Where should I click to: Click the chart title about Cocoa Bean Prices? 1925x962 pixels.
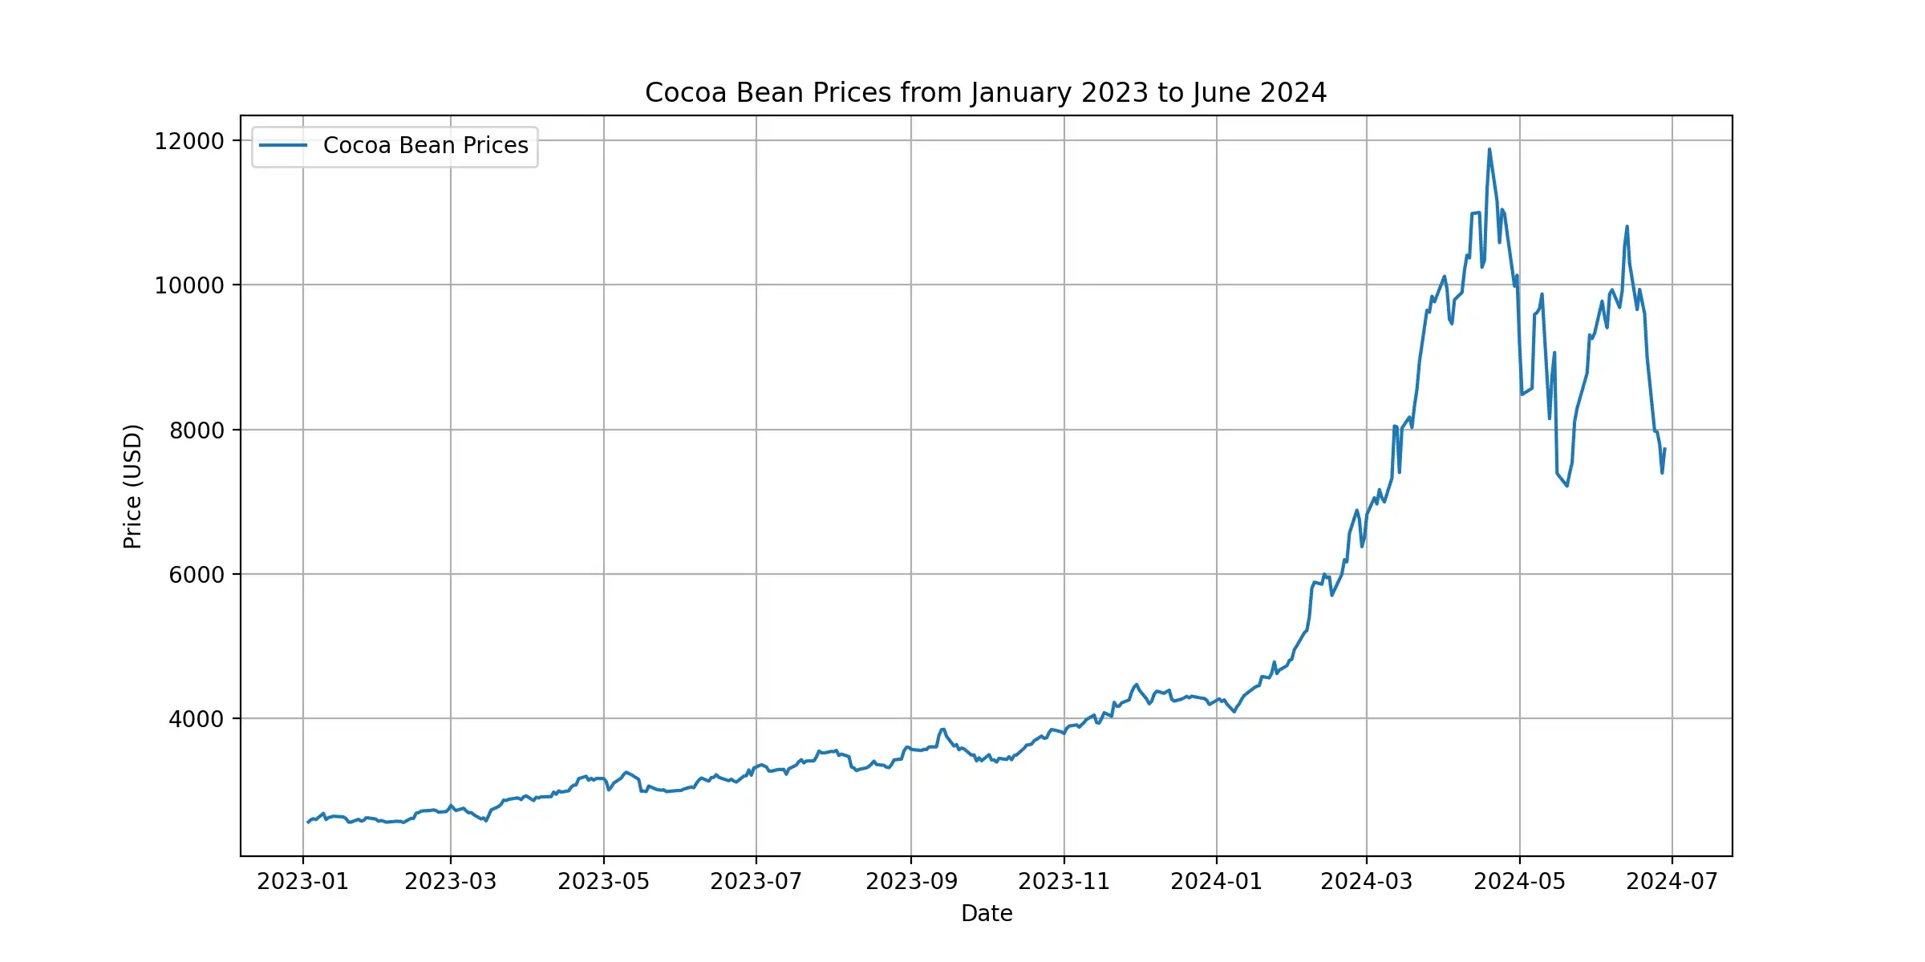(986, 93)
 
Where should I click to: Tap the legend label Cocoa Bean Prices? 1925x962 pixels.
(425, 146)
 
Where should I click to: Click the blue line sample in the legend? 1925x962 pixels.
(283, 146)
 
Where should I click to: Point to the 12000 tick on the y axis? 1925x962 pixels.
(189, 141)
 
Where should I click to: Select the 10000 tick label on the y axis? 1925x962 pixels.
(189, 285)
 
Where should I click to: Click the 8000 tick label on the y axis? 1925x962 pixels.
(197, 430)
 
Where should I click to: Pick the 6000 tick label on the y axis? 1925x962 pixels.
(197, 575)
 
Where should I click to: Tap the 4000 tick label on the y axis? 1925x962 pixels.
(197, 719)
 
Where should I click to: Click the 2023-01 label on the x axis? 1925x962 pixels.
(302, 882)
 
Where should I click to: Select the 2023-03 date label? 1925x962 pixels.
(451, 882)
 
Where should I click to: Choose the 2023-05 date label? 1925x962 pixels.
(603, 882)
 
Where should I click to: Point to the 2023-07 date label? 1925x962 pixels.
(756, 882)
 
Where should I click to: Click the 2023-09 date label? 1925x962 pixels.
(911, 882)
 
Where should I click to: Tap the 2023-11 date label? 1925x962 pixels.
(1064, 882)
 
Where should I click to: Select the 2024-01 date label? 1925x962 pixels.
(1216, 882)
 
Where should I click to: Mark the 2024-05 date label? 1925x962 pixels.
(1519, 882)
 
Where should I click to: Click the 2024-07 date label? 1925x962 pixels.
(1672, 882)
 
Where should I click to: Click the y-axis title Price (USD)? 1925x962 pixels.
(133, 486)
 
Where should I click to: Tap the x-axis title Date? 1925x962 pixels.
(987, 914)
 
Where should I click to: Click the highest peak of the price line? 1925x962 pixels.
(1489, 149)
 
